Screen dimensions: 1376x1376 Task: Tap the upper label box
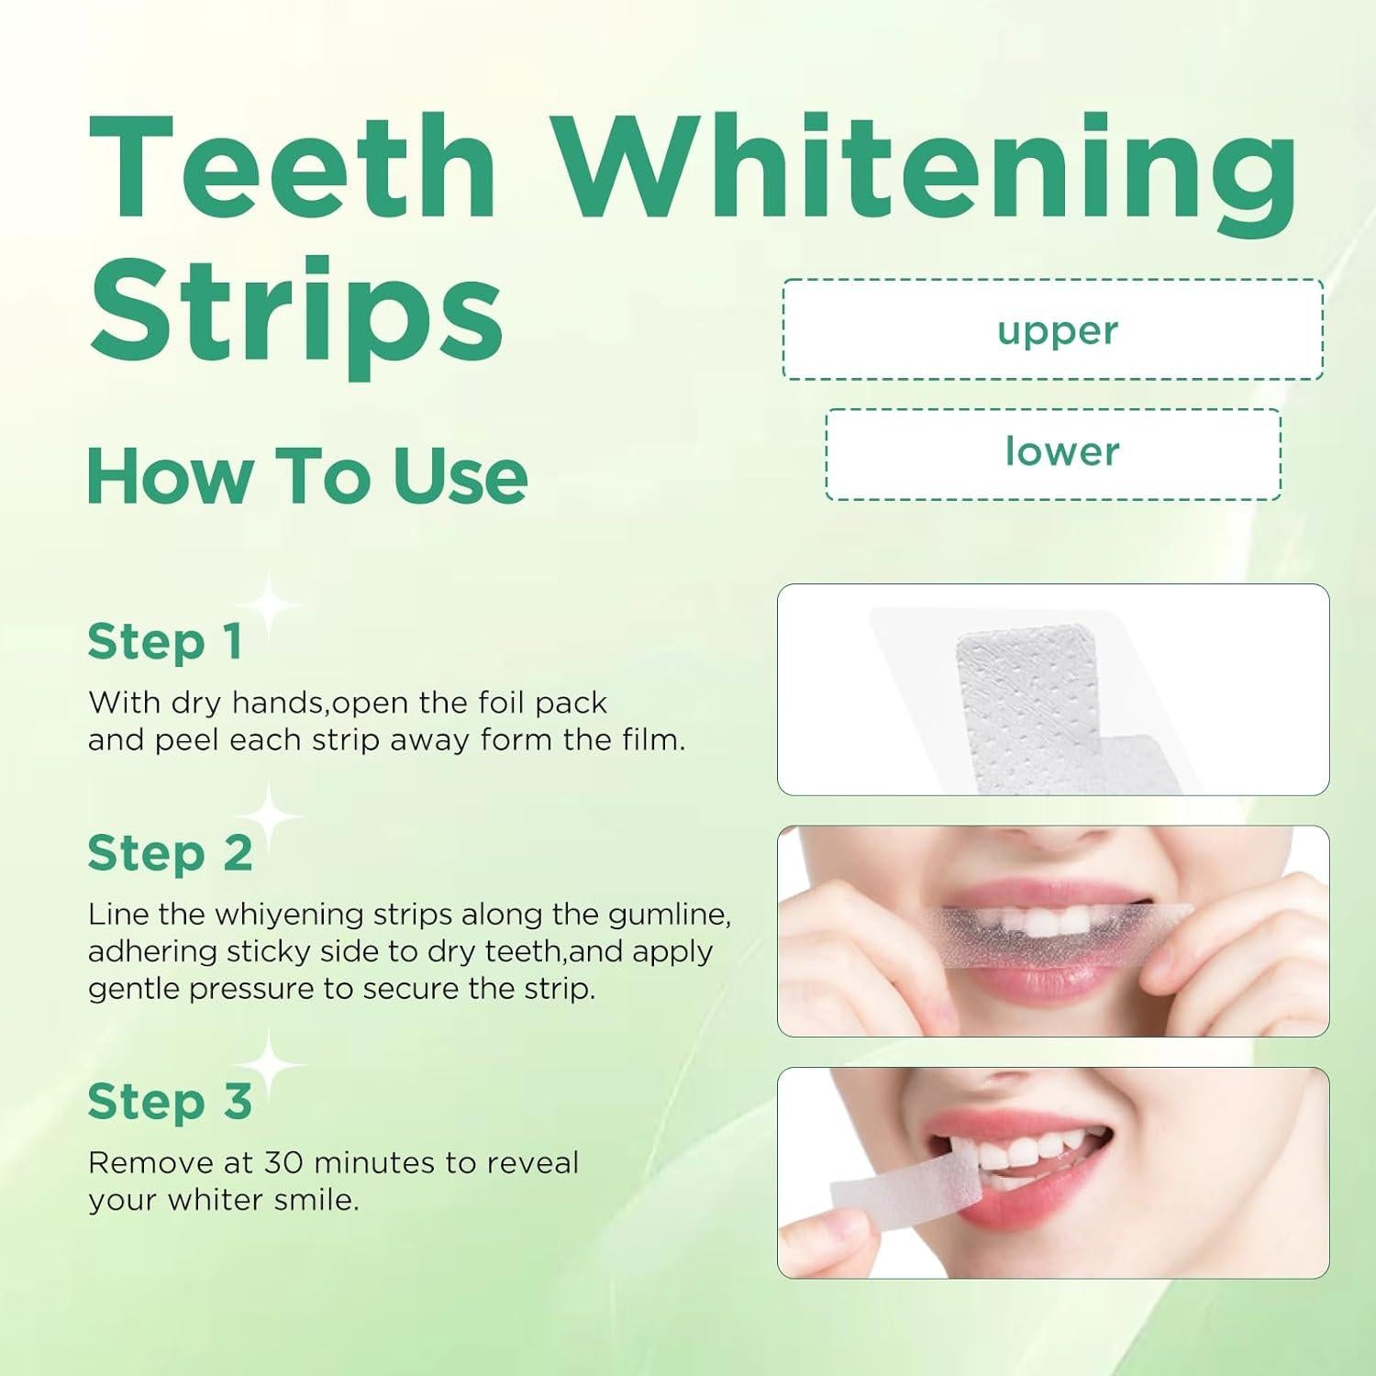pos(1053,329)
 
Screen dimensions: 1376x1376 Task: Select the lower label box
pos(1053,454)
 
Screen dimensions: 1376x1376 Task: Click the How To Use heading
pos(307,476)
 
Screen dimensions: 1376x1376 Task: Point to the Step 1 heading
pos(165,641)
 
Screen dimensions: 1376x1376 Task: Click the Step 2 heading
pos(170,853)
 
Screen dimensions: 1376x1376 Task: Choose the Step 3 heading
pos(170,1102)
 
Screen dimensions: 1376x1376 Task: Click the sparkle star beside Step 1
pos(268,605)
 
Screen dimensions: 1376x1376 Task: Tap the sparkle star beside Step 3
pos(268,1064)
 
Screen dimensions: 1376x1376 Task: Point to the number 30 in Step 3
pos(283,1163)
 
